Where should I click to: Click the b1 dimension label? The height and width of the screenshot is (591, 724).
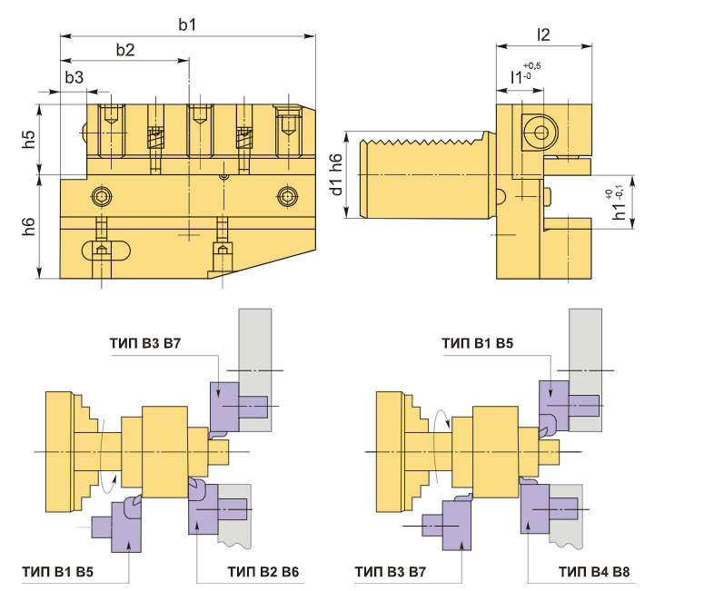[187, 25]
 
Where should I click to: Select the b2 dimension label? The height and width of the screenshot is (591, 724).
[125, 50]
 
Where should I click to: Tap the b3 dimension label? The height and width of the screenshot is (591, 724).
[74, 78]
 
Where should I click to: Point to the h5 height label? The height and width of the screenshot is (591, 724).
[29, 139]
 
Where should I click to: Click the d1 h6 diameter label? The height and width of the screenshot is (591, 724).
[336, 175]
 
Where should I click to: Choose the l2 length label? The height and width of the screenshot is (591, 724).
[543, 34]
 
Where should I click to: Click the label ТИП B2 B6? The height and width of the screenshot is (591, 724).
[263, 573]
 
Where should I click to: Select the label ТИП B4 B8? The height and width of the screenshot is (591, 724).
[594, 573]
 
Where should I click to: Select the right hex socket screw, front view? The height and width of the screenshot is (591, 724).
[288, 195]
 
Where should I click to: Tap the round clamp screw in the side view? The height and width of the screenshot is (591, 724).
[542, 133]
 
